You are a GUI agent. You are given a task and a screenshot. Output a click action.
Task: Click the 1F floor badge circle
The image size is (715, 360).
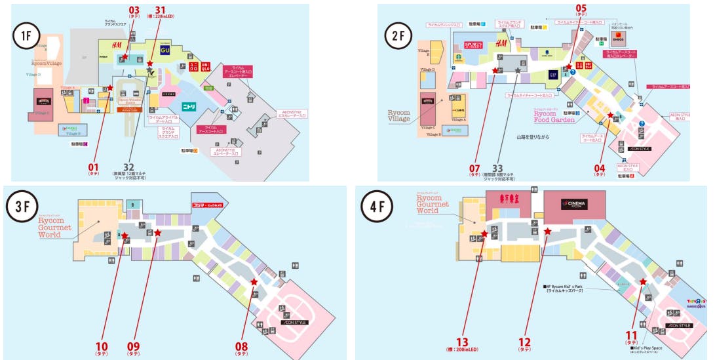click(x=26, y=37)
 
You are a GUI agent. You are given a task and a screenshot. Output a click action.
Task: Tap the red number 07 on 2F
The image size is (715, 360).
click(x=475, y=167)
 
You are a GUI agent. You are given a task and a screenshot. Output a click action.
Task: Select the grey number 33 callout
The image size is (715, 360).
click(x=506, y=167)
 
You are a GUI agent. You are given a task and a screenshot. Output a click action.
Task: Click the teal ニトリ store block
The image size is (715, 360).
click(x=193, y=105)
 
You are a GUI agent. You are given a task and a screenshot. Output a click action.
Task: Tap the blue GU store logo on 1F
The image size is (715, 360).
click(x=164, y=49)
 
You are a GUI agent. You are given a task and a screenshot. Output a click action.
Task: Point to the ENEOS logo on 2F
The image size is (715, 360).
click(x=617, y=37)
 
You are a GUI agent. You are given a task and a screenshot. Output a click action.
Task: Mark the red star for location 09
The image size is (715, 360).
click(x=157, y=232)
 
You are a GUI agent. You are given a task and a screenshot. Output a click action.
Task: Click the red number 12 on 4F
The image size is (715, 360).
click(x=525, y=341)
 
